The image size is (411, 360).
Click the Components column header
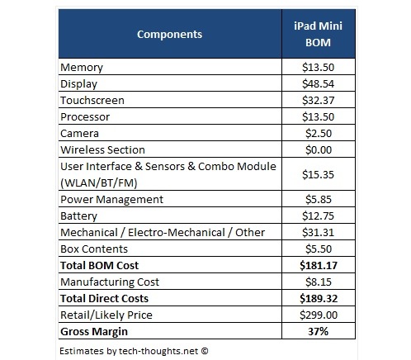(169, 35)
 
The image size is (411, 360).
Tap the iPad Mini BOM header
(318, 34)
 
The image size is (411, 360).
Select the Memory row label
(82, 68)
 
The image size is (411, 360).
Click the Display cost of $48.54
(318, 83)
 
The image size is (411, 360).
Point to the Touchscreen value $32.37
(318, 100)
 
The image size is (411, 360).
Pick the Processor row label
(85, 117)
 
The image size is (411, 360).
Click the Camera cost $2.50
(319, 133)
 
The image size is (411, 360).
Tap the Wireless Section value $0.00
(319, 149)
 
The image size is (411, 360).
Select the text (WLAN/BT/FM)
(99, 183)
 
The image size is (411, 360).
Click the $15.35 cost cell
(318, 174)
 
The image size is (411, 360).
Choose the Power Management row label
(111, 200)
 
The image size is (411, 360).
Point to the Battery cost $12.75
(318, 216)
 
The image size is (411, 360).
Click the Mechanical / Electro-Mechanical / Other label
(163, 233)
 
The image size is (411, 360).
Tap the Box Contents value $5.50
(319, 249)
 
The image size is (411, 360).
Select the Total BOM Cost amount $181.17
(319, 265)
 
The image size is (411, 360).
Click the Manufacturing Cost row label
(110, 282)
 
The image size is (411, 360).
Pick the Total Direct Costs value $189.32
(319, 298)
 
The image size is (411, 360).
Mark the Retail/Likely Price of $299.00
(319, 315)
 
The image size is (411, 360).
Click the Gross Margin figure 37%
(318, 331)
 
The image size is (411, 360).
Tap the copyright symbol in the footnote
(205, 351)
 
